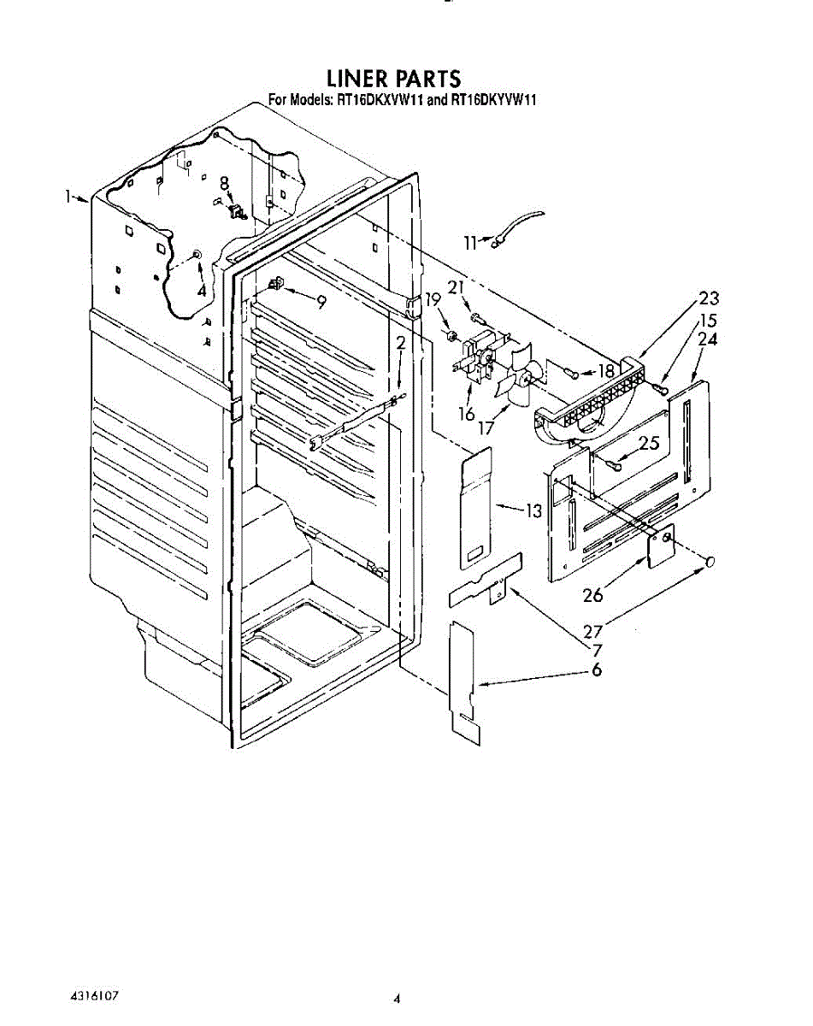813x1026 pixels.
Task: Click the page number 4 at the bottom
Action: tap(397, 998)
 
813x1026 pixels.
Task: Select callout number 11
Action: tap(469, 243)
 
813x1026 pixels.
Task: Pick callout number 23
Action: tap(708, 298)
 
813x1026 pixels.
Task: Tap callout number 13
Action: tap(533, 511)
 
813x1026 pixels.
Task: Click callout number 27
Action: tap(593, 633)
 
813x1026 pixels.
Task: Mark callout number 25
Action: tap(649, 444)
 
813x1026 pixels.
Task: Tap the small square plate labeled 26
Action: tap(659, 545)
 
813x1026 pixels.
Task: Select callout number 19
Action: tap(433, 299)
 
